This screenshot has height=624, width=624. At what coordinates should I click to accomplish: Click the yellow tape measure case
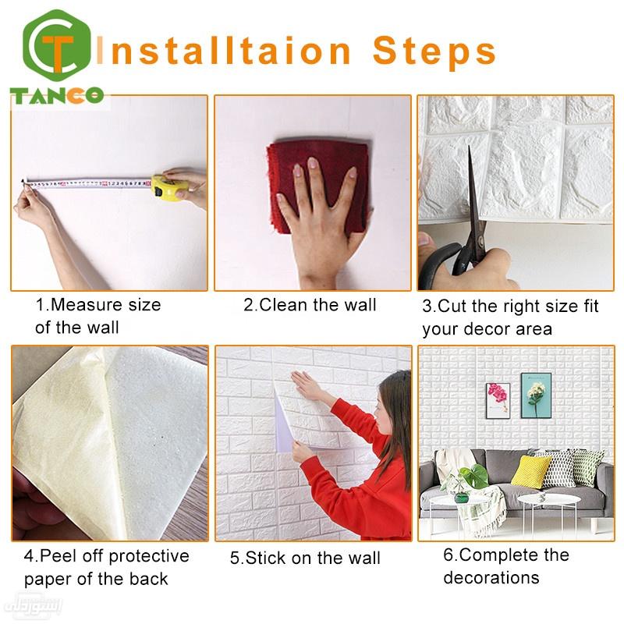(169, 187)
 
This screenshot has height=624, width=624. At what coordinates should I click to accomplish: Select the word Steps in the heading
(434, 51)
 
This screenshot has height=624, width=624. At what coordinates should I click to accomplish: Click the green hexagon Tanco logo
(57, 46)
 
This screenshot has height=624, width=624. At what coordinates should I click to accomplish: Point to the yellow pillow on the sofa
(531, 472)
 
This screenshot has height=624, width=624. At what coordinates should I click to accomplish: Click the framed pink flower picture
(498, 400)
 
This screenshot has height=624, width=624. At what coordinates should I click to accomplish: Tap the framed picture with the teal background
(536, 395)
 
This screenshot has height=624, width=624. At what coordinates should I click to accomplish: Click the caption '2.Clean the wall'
(310, 305)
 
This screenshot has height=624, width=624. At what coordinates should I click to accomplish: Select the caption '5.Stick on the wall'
(305, 558)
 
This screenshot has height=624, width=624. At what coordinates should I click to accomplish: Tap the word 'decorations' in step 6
(491, 577)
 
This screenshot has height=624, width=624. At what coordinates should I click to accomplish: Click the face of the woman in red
(383, 414)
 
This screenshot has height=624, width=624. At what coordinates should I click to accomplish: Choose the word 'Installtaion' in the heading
(223, 51)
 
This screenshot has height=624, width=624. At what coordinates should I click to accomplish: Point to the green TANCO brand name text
(56, 95)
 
